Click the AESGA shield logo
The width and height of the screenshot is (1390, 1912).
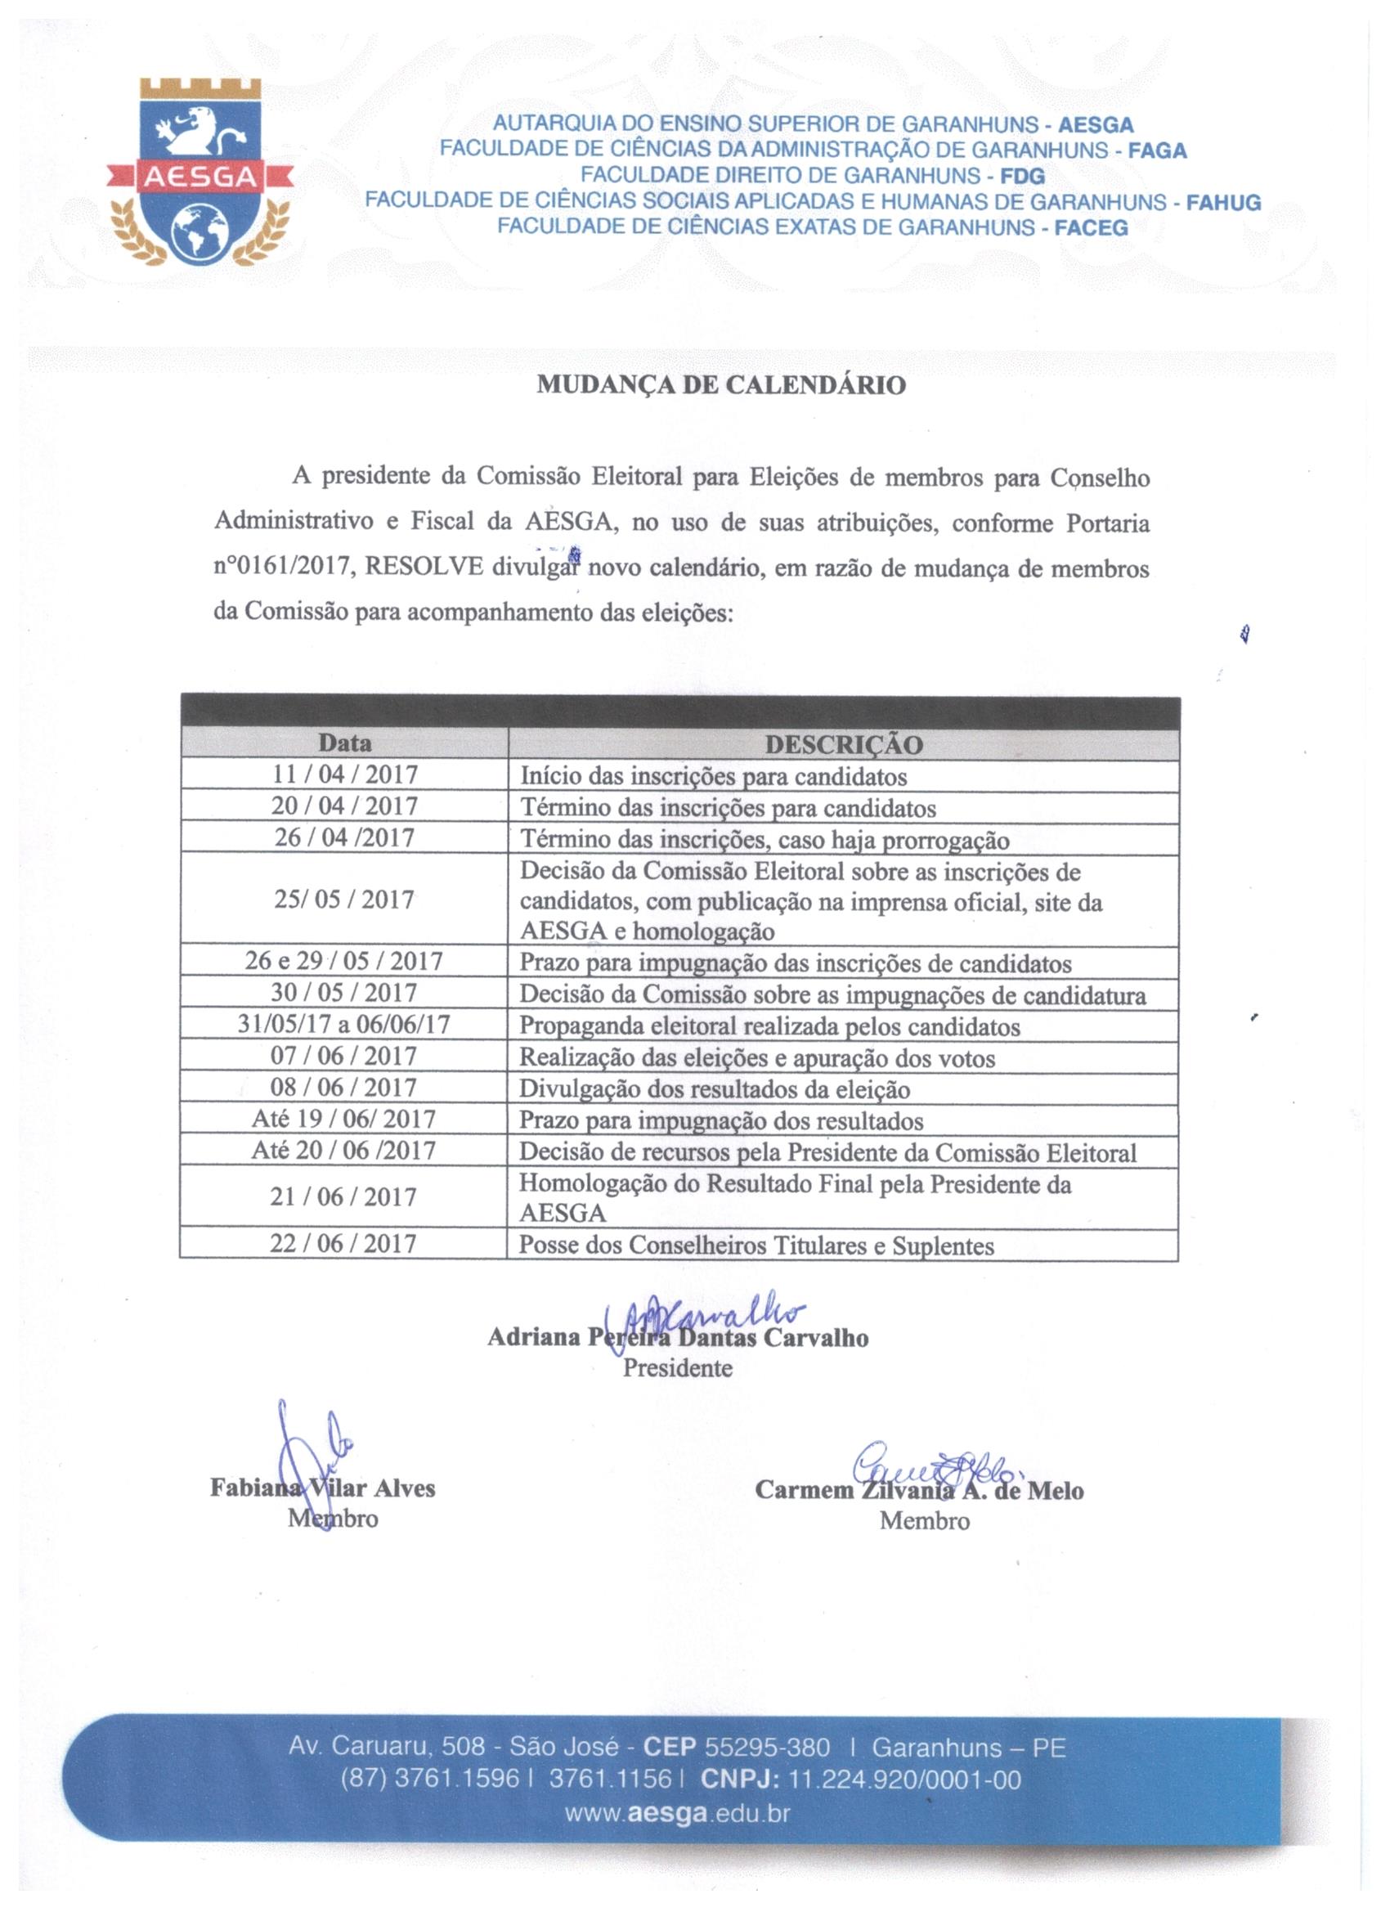coord(200,172)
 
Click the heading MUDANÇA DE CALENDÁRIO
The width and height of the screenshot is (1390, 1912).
coord(721,385)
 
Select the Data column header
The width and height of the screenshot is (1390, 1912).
coord(345,743)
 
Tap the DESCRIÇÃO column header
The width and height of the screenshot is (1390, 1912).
coord(843,744)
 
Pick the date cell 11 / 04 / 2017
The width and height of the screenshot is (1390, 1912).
coord(345,774)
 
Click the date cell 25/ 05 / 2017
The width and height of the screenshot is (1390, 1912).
coord(344,900)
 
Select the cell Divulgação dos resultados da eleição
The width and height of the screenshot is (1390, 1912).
coord(714,1089)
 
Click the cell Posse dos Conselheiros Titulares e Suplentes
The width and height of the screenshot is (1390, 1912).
coord(756,1246)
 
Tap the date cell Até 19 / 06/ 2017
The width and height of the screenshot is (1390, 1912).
coord(344,1120)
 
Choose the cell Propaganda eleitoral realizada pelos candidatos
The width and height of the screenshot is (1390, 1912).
coord(769,1027)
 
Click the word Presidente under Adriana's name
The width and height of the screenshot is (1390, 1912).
coord(678,1367)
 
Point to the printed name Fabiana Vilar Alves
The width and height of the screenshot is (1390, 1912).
coord(323,1488)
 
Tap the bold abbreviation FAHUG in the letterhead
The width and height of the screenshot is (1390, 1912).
coord(1223,202)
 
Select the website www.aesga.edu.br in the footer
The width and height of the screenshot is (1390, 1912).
coord(678,1813)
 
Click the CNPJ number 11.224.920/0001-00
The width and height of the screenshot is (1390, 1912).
coord(903,1780)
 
